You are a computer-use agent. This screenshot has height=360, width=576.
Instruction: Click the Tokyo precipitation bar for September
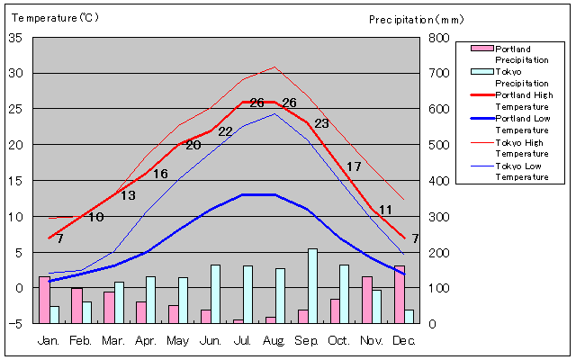click(312, 286)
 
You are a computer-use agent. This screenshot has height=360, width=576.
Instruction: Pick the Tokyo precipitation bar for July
click(247, 294)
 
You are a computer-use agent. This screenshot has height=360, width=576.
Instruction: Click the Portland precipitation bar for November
click(367, 300)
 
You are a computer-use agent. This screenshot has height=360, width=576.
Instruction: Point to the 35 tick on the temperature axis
click(15, 38)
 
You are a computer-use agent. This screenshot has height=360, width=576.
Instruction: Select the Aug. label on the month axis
click(274, 340)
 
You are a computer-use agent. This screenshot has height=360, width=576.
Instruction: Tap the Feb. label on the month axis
click(81, 340)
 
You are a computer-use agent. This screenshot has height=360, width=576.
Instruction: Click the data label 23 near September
click(321, 123)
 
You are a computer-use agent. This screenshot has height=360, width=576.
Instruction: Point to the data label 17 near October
click(354, 166)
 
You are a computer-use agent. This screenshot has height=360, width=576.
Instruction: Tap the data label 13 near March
click(129, 195)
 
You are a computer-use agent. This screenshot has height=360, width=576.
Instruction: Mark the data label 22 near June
click(225, 131)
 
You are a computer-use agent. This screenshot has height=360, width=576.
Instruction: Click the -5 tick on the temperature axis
click(17, 324)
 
